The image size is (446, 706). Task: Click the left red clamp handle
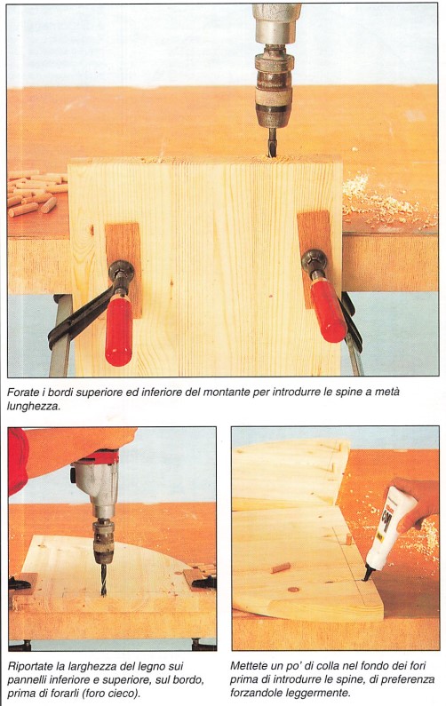(x=119, y=329)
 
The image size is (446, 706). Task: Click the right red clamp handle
(x=328, y=310)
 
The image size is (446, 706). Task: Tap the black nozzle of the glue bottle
(x=369, y=573)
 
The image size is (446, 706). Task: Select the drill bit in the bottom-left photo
(x=104, y=580)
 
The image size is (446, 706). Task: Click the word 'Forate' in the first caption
(x=21, y=393)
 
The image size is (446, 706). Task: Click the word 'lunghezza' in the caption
(x=33, y=407)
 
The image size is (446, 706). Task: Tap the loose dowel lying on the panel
(x=280, y=567)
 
